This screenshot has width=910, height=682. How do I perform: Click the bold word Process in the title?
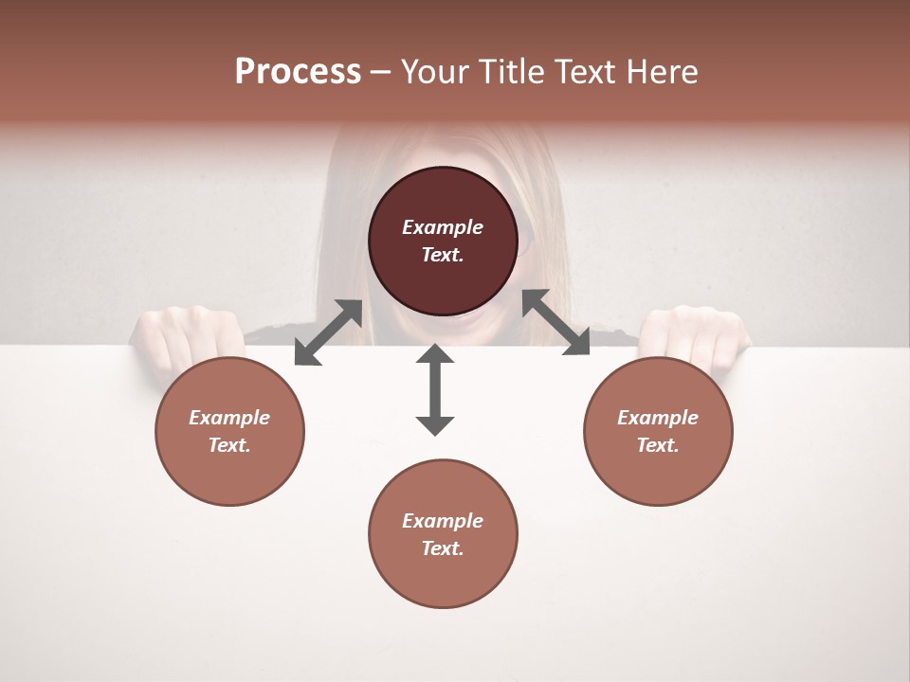point(298,72)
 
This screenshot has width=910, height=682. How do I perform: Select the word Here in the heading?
point(661,72)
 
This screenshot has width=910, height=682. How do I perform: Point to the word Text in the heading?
point(585,72)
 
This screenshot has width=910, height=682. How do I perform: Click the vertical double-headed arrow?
point(435,389)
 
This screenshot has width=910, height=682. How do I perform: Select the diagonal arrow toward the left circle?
point(328,332)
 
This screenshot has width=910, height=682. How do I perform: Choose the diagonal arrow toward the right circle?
point(555,322)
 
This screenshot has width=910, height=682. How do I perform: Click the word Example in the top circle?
point(443,227)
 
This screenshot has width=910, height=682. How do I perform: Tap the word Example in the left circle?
point(229,418)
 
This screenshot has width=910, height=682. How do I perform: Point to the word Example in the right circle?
point(658,418)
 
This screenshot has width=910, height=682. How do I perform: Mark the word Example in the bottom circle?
point(443,521)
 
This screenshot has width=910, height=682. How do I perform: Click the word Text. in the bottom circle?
point(443,548)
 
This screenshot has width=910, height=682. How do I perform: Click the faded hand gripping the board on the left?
point(180,332)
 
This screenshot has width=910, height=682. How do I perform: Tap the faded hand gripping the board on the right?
point(697,332)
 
